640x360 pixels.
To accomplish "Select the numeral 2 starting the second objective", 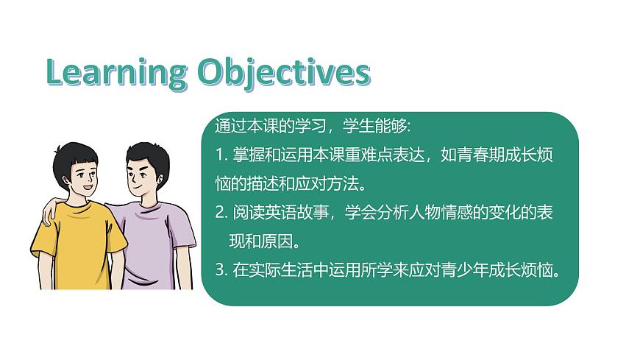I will click(x=219, y=212).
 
